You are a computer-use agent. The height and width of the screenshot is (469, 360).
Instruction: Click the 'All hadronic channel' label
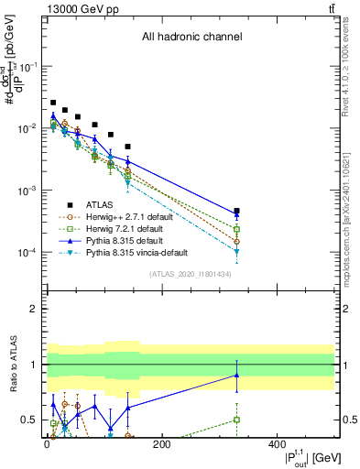191,38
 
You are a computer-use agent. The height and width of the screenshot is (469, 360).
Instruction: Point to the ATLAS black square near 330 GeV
237,212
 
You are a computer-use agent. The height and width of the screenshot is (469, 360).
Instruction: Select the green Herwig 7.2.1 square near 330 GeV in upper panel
237,229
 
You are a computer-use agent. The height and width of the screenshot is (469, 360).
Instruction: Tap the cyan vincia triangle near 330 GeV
237,251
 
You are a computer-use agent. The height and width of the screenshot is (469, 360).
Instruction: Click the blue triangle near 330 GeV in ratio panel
237,375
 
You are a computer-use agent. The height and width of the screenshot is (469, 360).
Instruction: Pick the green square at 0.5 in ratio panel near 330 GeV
237,420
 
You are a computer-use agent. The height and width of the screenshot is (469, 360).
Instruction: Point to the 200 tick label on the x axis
162,444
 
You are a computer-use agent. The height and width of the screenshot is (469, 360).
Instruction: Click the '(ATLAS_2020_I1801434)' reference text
191,274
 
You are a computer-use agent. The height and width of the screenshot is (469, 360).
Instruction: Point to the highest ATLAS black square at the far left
53,103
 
